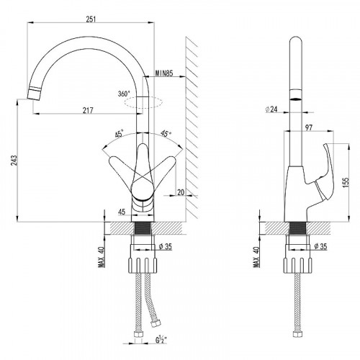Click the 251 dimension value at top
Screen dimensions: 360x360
click(91, 19)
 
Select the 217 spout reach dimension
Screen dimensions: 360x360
click(88, 110)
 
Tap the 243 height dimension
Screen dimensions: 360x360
click(14, 161)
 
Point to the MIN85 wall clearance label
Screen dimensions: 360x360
click(164, 73)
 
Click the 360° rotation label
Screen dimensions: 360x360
click(124, 94)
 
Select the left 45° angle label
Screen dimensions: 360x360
click(120, 134)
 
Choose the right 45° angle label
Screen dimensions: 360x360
click(166, 133)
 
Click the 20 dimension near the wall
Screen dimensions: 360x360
click(181, 192)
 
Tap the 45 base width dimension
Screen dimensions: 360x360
click(122, 212)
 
